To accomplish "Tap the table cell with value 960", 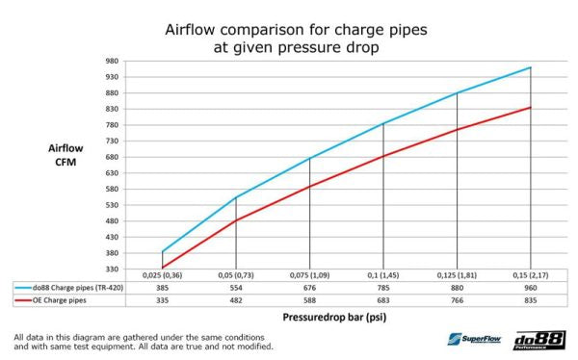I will click(x=531, y=287).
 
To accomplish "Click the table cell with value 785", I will click(x=383, y=287).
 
